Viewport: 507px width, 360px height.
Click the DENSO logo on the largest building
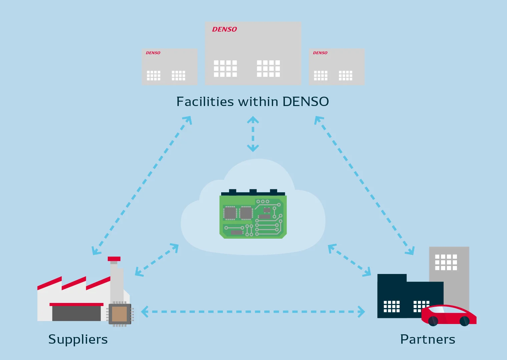pos(224,29)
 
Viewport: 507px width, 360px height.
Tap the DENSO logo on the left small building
pos(153,53)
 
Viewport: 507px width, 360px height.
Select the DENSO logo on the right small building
pos(320,53)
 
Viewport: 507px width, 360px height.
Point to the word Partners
pos(428,339)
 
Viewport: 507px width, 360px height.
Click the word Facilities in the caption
pos(205,101)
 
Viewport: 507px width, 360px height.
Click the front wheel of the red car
pos(464,321)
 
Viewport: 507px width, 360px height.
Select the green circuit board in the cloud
pos(253,214)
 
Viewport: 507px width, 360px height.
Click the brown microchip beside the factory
pos(120,314)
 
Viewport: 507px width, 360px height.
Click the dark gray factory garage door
pos(76,314)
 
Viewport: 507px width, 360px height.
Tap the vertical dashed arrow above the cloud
pos(253,134)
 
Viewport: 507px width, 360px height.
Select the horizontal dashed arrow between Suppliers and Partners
pos(253,312)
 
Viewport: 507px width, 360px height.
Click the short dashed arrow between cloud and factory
pos(157,260)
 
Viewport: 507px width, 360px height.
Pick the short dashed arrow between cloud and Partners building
pos(350,260)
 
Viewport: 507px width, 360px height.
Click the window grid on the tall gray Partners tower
pos(446,262)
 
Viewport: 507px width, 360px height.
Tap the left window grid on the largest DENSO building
pos(225,69)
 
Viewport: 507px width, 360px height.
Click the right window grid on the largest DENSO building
pos(268,69)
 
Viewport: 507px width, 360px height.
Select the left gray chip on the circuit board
pos(230,213)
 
